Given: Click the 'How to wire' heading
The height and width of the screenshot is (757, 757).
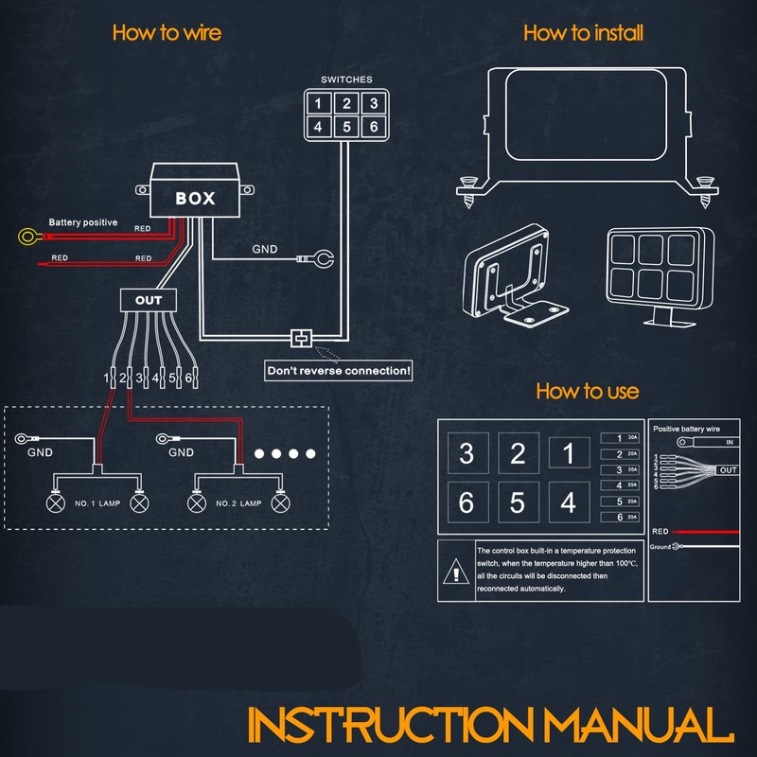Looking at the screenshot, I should tap(167, 32).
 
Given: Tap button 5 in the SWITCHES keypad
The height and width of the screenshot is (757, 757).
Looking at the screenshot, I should tap(347, 126).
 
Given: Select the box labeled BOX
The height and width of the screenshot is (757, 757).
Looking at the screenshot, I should tap(195, 199).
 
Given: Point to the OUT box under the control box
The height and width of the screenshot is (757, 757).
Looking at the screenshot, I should tap(149, 300).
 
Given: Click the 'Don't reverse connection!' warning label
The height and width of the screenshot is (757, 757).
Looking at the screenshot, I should tap(338, 371).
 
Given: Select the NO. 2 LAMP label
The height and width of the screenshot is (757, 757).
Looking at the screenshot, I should tap(238, 503).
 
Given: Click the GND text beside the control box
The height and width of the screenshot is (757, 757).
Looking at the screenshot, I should tap(264, 251).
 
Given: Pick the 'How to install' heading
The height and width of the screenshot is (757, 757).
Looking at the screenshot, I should tap(583, 32).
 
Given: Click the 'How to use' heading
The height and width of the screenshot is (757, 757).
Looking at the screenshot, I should tap(587, 391).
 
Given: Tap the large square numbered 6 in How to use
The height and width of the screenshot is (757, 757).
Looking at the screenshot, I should tap(467, 502).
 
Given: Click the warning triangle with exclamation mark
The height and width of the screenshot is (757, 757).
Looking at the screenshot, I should tap(456, 572).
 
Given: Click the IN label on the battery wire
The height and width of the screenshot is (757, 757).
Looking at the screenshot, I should tap(729, 442).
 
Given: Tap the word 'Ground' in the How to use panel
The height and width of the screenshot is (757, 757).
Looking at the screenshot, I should tap(660, 547).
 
